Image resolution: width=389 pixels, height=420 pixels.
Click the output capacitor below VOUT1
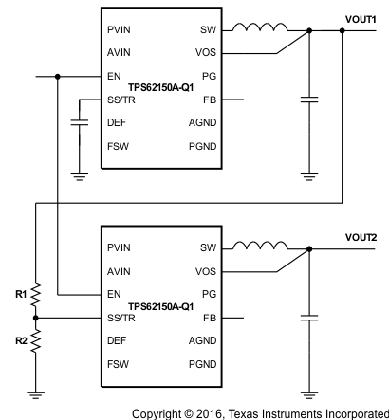click(308, 98)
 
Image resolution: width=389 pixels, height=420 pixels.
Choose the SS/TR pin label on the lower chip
click(122, 318)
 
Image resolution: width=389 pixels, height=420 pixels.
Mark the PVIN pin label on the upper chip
click(120, 30)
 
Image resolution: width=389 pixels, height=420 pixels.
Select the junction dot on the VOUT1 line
click(341, 30)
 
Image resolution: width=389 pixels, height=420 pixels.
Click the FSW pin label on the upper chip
click(119, 144)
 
